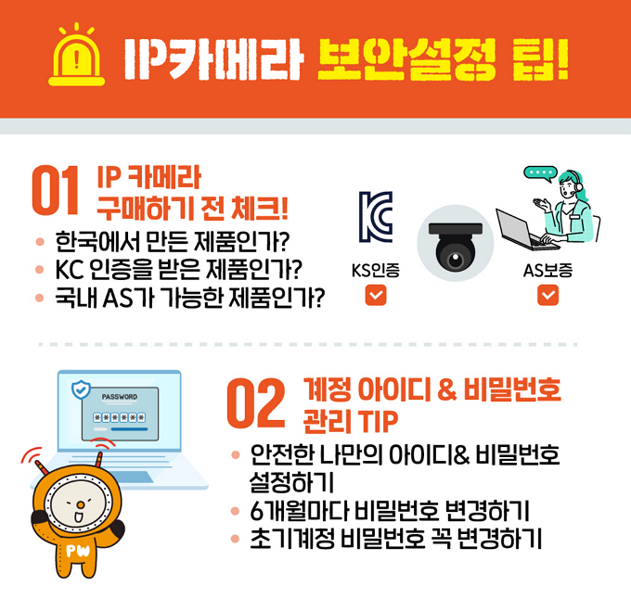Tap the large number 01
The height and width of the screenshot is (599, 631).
click(56, 190)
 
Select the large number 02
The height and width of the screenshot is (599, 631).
click(256, 402)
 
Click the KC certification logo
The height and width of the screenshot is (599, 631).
click(376, 217)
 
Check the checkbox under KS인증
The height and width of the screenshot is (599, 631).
click(376, 295)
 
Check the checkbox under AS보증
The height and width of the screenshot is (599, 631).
click(548, 295)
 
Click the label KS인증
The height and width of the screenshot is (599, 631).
click(376, 271)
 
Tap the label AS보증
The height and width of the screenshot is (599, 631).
click(548, 271)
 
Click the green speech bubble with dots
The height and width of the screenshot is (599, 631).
click(540, 173)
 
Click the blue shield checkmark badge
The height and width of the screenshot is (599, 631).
click(81, 389)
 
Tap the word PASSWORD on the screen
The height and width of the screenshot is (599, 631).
click(120, 397)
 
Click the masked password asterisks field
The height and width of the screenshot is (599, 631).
click(120, 417)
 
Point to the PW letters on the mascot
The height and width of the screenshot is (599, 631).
click(78, 551)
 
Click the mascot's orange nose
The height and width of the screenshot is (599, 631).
click(81, 504)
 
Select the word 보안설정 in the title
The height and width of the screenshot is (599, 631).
click(406, 59)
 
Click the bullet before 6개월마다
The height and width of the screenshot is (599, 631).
click(236, 511)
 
